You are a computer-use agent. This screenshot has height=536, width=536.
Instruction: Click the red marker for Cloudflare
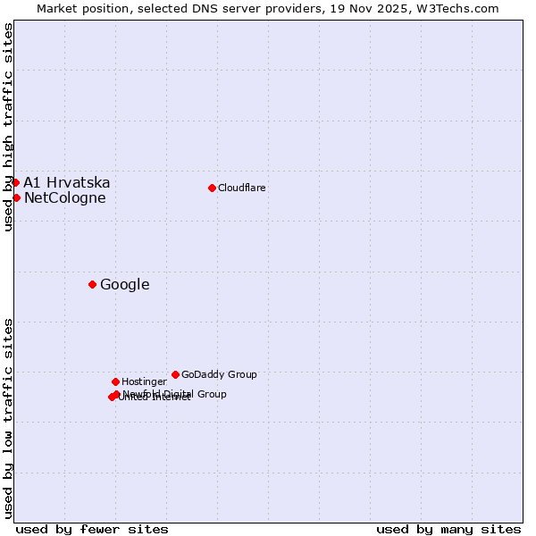[212, 188]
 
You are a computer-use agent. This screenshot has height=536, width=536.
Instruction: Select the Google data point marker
[92, 284]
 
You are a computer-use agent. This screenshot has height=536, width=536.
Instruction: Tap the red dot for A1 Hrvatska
[15, 182]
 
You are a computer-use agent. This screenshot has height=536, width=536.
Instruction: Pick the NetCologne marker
[16, 197]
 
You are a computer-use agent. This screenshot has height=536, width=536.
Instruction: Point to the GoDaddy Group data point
[175, 374]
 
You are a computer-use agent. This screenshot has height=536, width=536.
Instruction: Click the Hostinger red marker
[115, 381]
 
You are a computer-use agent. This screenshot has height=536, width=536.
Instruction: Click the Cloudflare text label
[242, 188]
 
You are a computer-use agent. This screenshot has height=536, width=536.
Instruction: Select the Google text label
[125, 285]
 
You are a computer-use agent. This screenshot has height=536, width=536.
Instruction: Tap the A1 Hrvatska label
[67, 182]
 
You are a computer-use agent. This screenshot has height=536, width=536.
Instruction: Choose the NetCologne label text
[65, 198]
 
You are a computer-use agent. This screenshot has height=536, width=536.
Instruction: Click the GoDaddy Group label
[219, 374]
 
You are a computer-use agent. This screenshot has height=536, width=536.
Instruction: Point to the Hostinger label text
[144, 381]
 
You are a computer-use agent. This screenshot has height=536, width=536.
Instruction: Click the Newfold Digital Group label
[175, 394]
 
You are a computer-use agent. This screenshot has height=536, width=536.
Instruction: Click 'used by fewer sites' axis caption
[92, 529]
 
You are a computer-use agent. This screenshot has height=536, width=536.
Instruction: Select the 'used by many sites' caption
[448, 529]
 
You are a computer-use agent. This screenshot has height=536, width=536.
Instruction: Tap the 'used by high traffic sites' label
[8, 127]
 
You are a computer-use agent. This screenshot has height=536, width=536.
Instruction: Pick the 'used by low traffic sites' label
[8, 417]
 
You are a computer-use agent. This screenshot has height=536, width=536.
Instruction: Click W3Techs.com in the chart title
[457, 8]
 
